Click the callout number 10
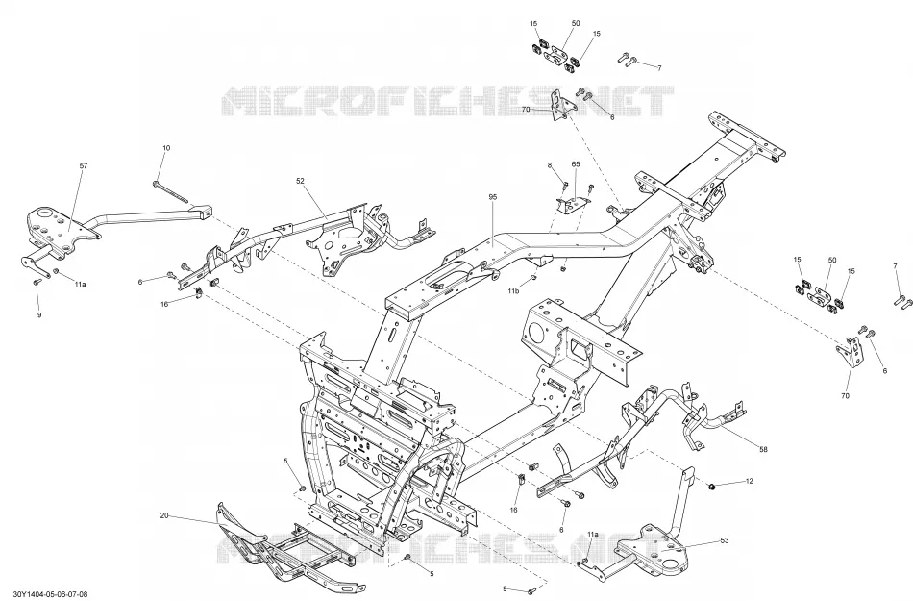(x=166, y=148)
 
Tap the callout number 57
(x=84, y=166)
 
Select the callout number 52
(x=301, y=181)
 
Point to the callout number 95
(x=493, y=197)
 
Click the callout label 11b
(x=513, y=290)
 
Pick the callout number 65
(x=576, y=164)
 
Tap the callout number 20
(x=164, y=515)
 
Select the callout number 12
(x=750, y=481)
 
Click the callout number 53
(x=725, y=540)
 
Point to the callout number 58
(x=763, y=449)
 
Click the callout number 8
(x=550, y=165)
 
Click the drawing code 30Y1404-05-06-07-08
(x=51, y=594)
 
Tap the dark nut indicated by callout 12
(x=711, y=486)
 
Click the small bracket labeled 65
(x=572, y=205)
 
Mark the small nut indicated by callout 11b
(x=533, y=278)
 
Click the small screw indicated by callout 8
(x=565, y=186)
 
